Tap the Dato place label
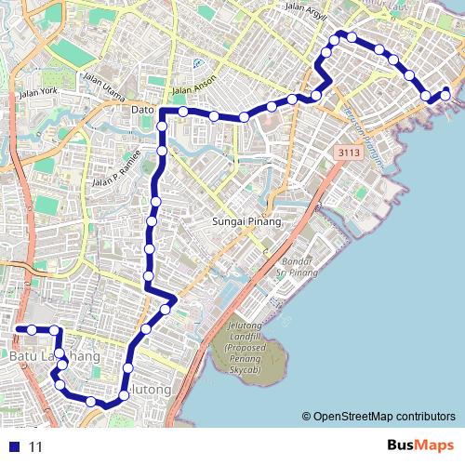pos(142,110)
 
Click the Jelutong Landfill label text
pos(254,340)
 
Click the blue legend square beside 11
pos(11,446)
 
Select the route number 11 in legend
pos(35,447)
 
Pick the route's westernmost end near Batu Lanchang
pos(17,329)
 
